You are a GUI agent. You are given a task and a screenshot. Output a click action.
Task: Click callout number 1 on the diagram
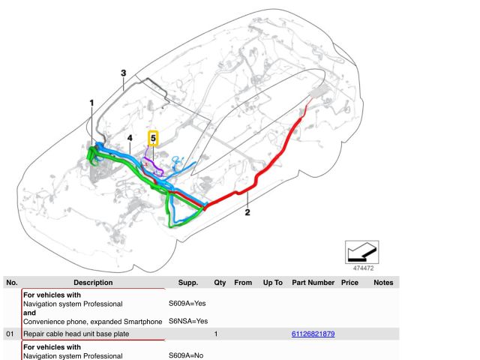click(92, 103)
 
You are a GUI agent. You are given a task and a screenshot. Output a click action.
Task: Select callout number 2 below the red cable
click(247, 212)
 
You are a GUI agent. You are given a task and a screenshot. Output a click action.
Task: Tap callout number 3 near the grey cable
click(123, 73)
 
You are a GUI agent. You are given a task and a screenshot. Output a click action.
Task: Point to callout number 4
click(130, 138)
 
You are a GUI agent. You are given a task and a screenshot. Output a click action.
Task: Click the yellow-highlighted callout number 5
click(153, 138)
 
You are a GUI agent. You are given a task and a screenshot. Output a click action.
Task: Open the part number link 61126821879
click(313, 333)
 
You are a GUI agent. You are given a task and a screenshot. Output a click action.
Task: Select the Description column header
click(93, 283)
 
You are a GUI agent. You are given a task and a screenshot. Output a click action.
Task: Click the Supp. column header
click(188, 283)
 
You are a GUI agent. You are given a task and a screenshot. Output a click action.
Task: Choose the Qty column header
click(220, 283)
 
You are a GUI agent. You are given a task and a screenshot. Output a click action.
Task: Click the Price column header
click(349, 283)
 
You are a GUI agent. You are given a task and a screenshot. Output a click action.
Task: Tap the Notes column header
click(383, 283)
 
